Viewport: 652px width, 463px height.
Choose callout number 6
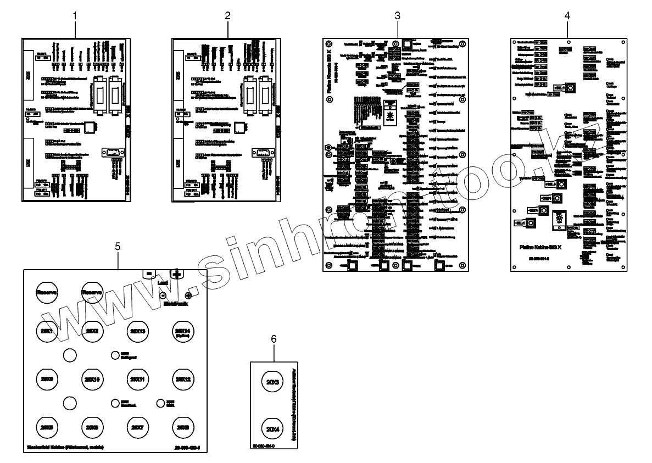pos(274,339)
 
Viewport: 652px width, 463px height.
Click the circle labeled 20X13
pos(137,331)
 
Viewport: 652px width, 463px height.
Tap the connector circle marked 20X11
pos(137,378)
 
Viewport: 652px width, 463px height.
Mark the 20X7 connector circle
pos(137,426)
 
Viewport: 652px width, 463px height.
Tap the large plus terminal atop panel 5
pos(177,274)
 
